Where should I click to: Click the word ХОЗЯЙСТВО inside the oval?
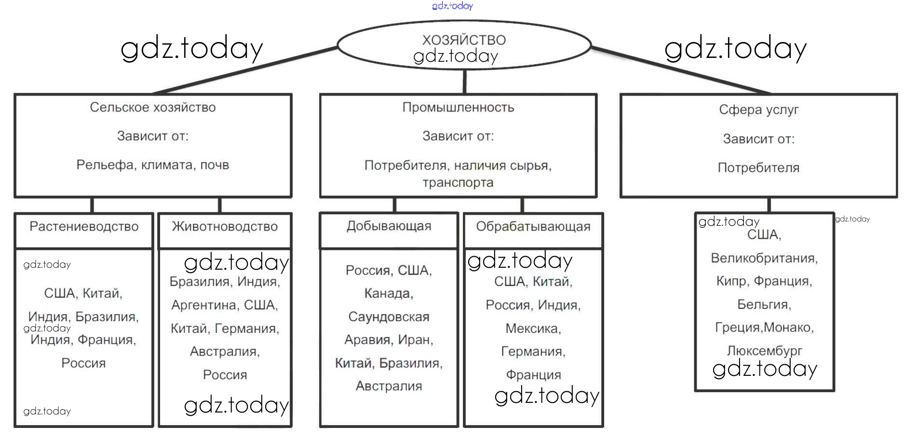coord(464,40)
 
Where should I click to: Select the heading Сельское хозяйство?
coord(152,107)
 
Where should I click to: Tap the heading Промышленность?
coord(458,107)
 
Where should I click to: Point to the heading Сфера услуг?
coord(758,110)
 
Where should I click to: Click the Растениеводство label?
coord(84,226)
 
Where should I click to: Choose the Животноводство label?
coord(225,226)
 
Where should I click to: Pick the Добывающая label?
coord(389,226)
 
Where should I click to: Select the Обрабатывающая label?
coord(533,226)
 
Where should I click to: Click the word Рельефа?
coord(105,165)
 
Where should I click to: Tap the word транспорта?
coord(458,183)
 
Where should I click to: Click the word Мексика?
coord(533,329)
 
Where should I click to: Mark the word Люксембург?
coord(764,351)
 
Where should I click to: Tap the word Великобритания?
coord(764,258)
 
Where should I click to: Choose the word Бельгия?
coord(764,304)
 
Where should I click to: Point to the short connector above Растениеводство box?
coord(92,205)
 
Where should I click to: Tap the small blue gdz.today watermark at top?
coord(452,6)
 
